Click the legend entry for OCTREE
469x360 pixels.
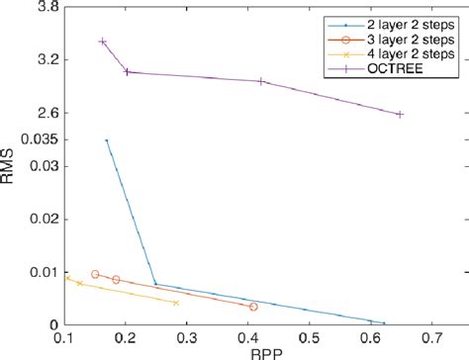pos(392,69)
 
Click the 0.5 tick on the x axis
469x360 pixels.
pos(309,339)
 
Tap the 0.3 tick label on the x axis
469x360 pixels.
pos(187,339)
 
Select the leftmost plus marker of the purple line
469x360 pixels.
pos(103,42)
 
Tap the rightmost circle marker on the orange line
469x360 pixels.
pos(253,307)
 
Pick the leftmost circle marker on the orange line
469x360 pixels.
pos(95,274)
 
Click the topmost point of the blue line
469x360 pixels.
pos(107,140)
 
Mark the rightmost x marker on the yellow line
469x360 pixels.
pos(175,303)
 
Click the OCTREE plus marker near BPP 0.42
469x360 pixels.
pos(261,81)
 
